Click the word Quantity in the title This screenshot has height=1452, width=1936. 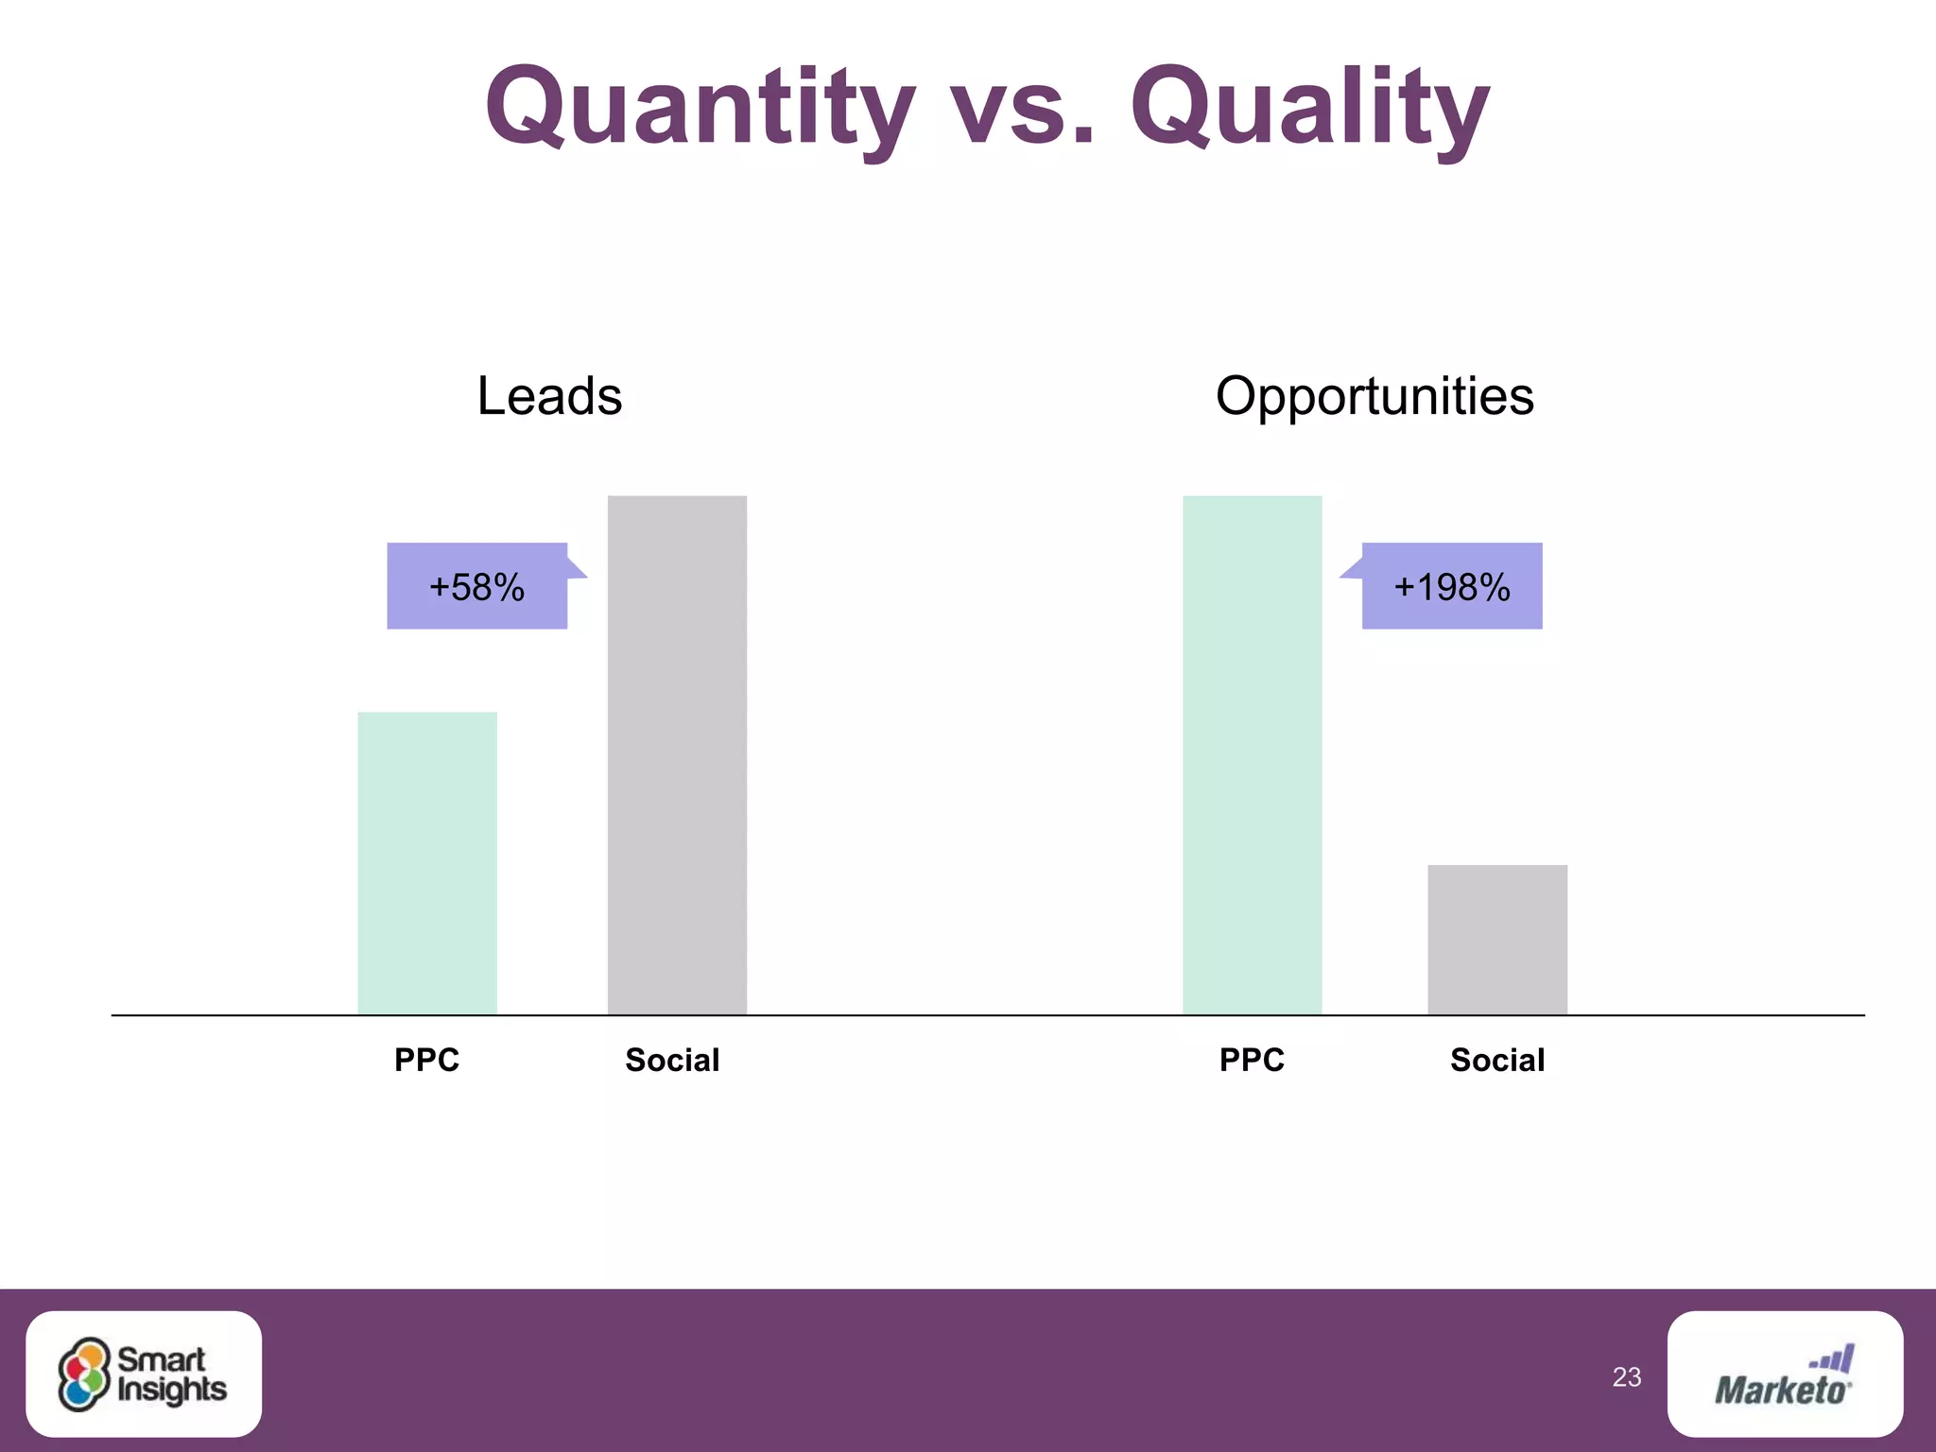coord(700,106)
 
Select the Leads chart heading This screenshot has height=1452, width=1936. coord(549,395)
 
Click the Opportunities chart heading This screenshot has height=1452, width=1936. coord(1374,395)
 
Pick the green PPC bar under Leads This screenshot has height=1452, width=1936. coord(427,863)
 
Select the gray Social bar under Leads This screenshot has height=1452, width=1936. coord(677,754)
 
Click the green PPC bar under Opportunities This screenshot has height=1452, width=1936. coord(1252,754)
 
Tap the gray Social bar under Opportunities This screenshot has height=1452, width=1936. coord(1497,940)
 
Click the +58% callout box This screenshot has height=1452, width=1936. coord(477,586)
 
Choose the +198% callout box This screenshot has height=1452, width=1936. coord(1452,586)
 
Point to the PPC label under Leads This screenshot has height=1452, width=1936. coord(427,1060)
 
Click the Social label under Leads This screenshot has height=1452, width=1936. coord(672,1060)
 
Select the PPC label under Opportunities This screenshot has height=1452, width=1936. coord(1252,1060)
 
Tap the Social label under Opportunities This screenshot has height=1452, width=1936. coord(1497,1060)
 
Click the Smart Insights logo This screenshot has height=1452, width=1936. coord(144,1374)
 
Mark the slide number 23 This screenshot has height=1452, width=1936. coord(1627,1377)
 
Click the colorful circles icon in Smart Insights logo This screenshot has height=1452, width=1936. coord(84,1374)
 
